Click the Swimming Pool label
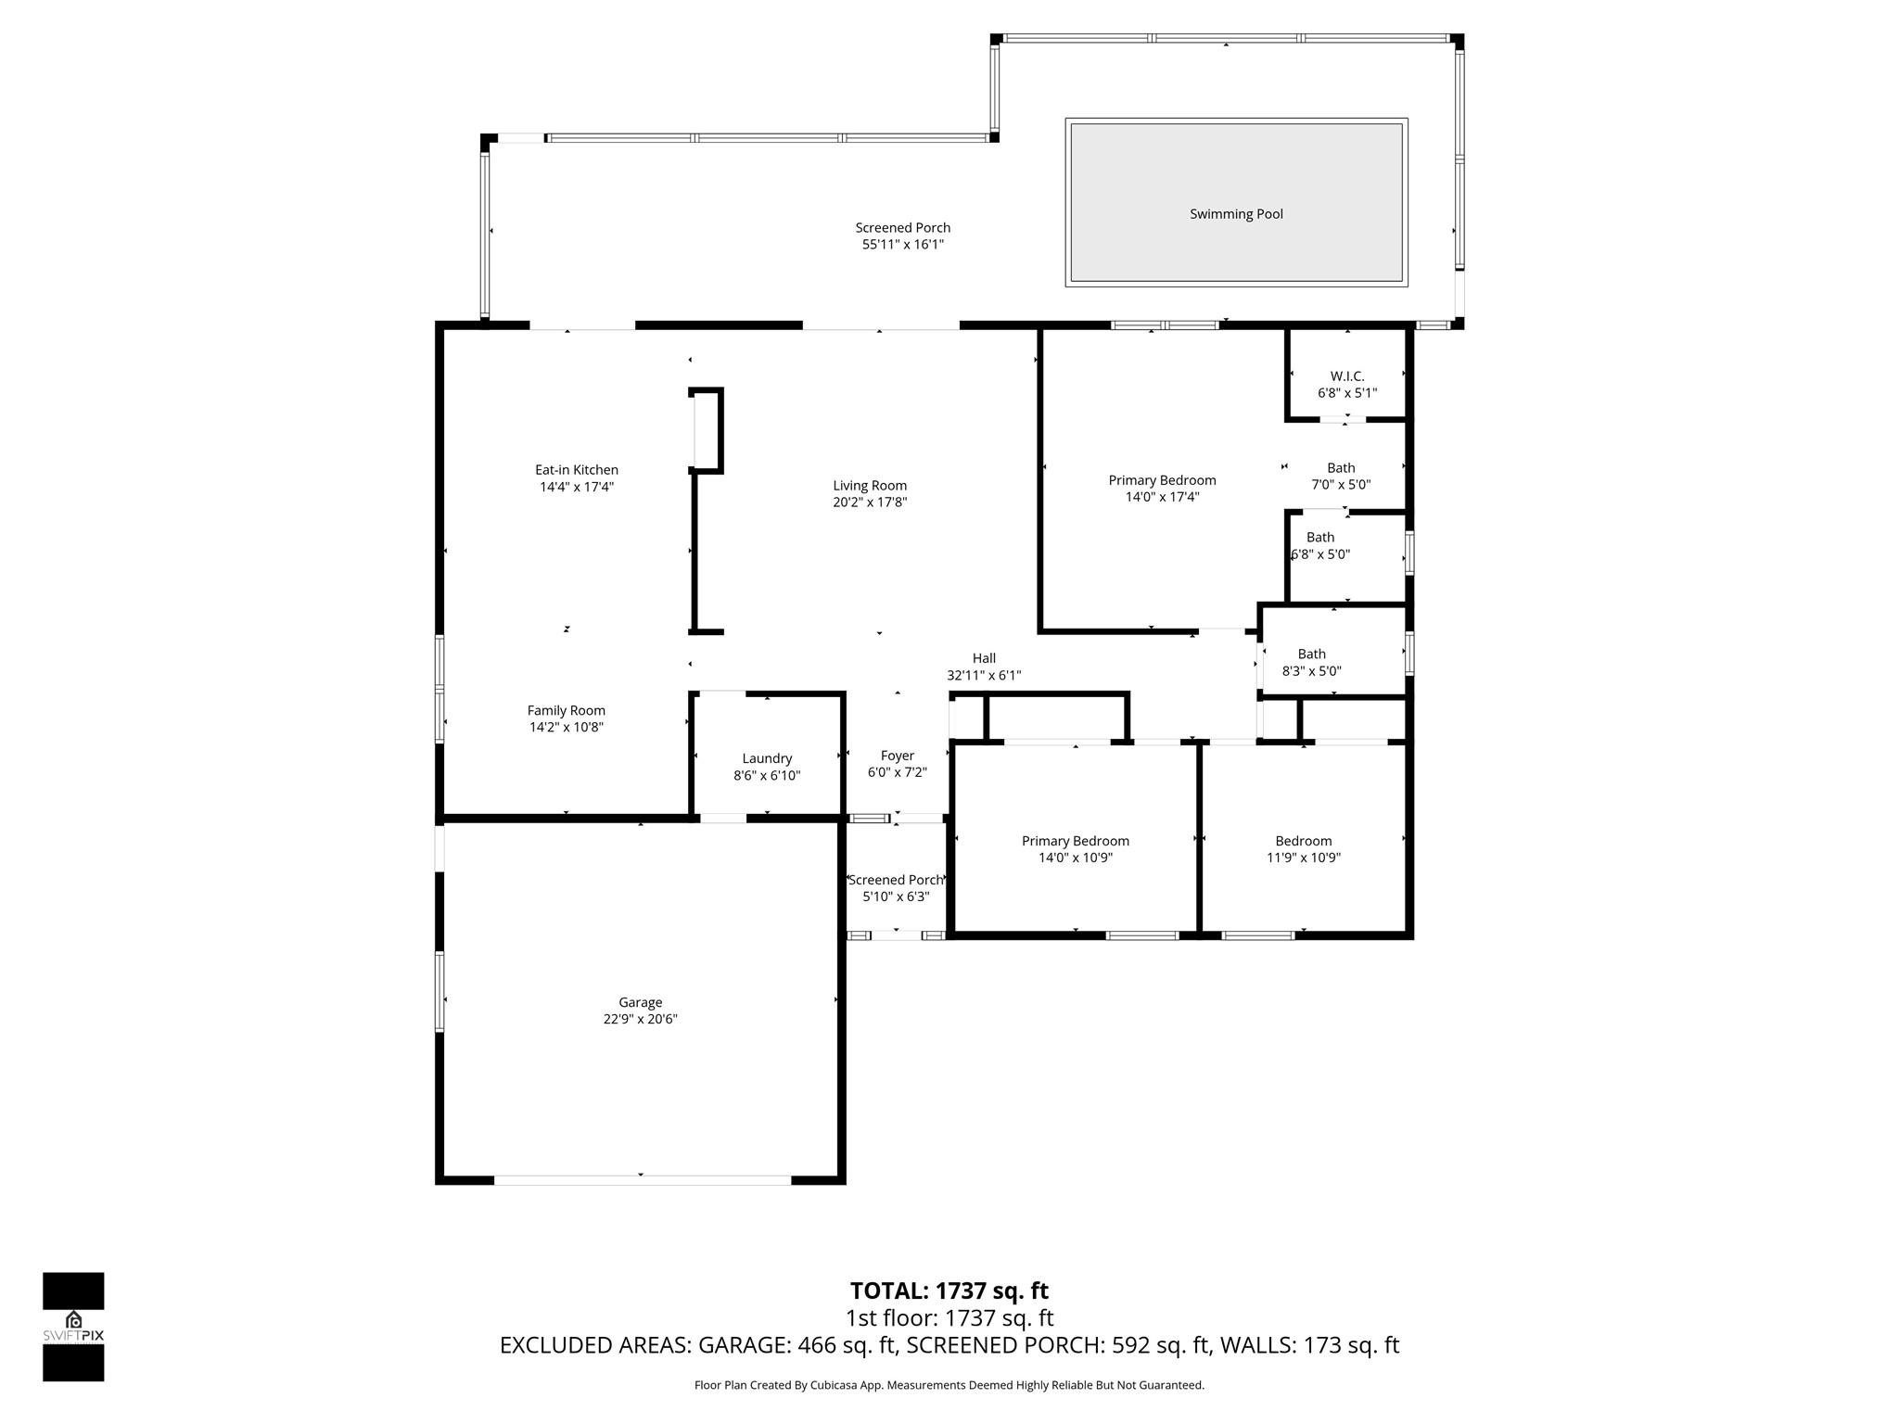[x=1236, y=214]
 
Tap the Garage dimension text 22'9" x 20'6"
[x=640, y=1019]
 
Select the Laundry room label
[x=767, y=758]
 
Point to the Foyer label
[x=897, y=756]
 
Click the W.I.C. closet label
[x=1346, y=375]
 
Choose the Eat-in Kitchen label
[x=576, y=470]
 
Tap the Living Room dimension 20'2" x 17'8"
[x=869, y=502]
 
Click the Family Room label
[x=566, y=710]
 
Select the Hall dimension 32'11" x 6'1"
[x=984, y=676]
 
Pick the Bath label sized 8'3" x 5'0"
[x=1311, y=654]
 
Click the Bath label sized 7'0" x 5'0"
[x=1340, y=468]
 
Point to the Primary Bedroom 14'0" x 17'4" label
[x=1162, y=480]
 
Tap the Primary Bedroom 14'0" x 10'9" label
[x=1075, y=841]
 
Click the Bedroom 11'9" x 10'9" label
[x=1303, y=841]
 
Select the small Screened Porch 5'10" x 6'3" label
[x=896, y=880]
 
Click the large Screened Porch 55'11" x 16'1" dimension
[x=902, y=245]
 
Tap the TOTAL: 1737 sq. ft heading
[x=949, y=1290]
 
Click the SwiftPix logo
[x=73, y=1326]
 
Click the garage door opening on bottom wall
[x=642, y=1179]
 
